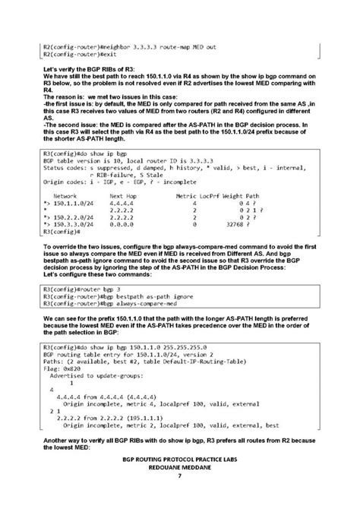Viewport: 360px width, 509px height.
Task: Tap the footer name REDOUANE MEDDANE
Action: pos(179,468)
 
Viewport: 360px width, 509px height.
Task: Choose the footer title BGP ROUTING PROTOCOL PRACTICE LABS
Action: pos(179,460)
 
